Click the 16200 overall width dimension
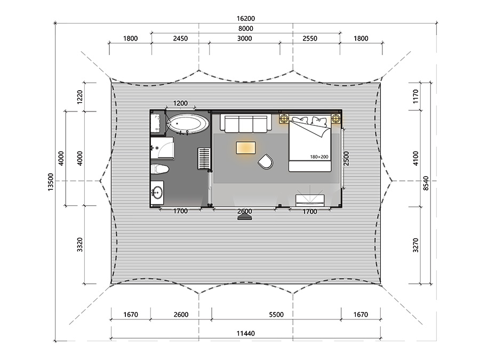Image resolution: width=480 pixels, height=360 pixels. pyautogui.click(x=245, y=18)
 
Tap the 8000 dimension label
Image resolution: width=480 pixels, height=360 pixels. pyautogui.click(x=245, y=28)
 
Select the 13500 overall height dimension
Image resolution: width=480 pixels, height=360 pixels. pyautogui.click(x=51, y=182)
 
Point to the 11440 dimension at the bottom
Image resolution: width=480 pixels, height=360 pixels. pyautogui.click(x=245, y=333)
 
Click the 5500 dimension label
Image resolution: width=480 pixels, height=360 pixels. pyautogui.click(x=276, y=314)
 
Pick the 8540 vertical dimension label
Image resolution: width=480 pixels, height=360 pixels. pyautogui.click(x=426, y=183)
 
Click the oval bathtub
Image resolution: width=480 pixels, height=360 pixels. pyautogui.click(x=188, y=124)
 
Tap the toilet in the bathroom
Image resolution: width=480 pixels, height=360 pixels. pyautogui.click(x=160, y=169)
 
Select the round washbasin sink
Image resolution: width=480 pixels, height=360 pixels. pyautogui.click(x=157, y=193)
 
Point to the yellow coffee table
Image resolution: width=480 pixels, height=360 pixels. pyautogui.click(x=246, y=148)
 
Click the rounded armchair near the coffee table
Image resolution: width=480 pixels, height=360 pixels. pyautogui.click(x=266, y=161)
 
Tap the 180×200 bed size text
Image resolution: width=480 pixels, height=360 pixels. pyautogui.click(x=319, y=157)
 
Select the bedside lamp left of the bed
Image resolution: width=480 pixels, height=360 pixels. pyautogui.click(x=284, y=118)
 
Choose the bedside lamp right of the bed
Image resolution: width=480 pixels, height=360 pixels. pyautogui.click(x=336, y=118)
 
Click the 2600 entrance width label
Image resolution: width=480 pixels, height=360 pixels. pyautogui.click(x=245, y=211)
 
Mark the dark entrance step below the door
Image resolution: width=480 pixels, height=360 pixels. pyautogui.click(x=245, y=217)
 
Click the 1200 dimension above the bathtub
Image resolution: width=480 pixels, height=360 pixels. pyautogui.click(x=180, y=103)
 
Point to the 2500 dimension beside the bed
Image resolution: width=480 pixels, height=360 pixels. pyautogui.click(x=346, y=158)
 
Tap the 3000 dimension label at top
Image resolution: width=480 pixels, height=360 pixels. pyautogui.click(x=245, y=38)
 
